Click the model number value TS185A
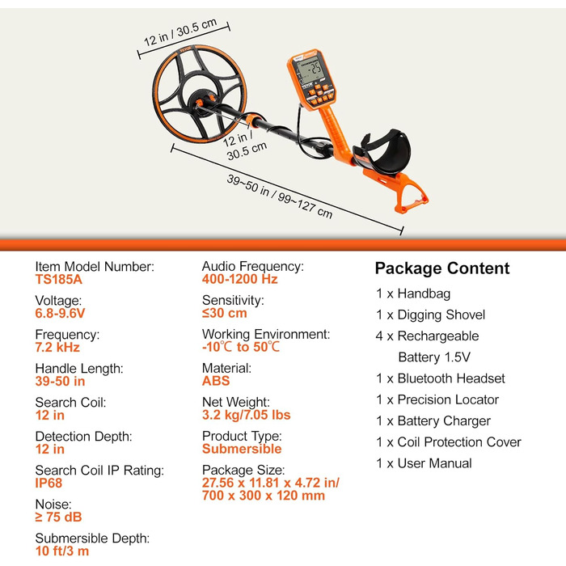pos(59,280)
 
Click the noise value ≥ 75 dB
pos(58,517)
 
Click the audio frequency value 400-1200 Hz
pos(239,279)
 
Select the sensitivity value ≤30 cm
pos(225,313)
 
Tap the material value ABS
pos(216,381)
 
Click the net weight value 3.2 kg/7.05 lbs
pos(246,415)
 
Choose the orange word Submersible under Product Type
pos(242,449)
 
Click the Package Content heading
pos(441,268)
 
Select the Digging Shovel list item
pos(441,315)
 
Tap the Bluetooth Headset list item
pos(451,378)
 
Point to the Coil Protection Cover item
pos(459,441)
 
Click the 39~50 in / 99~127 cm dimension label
pos(279,196)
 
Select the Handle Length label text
pos(79,368)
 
